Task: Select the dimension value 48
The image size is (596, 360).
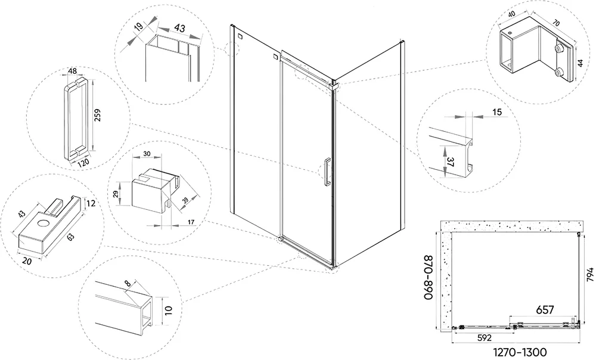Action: coord(73,72)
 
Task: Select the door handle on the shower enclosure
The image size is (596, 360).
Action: coord(326,172)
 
